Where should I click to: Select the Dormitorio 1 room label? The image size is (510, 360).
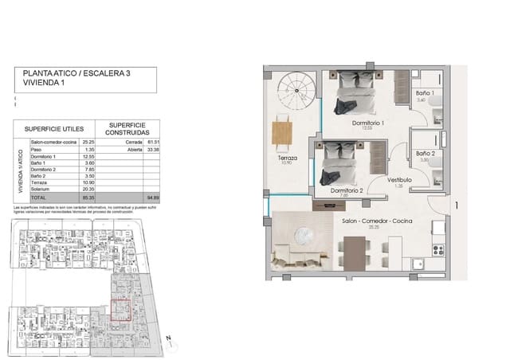368,123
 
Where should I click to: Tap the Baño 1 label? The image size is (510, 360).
423,93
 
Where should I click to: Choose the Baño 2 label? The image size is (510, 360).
424,153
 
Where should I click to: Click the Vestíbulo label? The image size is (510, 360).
399,180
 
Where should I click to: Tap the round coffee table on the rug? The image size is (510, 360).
303,235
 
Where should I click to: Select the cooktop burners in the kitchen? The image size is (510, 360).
438,250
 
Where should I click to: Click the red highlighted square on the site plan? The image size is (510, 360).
120,309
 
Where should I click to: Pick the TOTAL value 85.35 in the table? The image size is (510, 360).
89,196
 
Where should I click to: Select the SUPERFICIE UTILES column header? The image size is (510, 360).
53,127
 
